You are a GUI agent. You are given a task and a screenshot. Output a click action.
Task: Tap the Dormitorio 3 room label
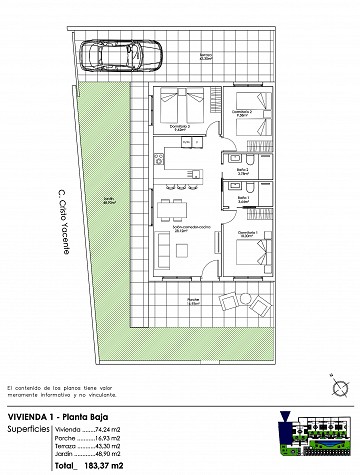(180, 127)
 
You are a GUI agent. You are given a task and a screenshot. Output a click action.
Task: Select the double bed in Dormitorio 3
(181, 104)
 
